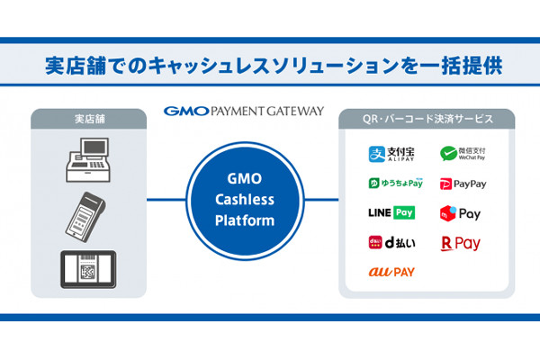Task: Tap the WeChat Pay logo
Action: (463, 154)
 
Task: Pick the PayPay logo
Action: (463, 184)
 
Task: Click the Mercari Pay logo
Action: (460, 213)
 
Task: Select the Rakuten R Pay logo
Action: (460, 243)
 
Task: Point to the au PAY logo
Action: (391, 271)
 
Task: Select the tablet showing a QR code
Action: (88, 269)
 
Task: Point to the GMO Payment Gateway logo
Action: (243, 112)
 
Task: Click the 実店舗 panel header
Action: (88, 118)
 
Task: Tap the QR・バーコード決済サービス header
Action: (427, 118)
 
